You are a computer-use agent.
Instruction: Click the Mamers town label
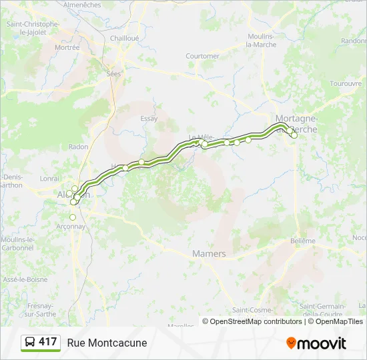click(209, 254)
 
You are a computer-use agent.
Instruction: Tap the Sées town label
click(113, 74)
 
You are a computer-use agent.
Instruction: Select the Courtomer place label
click(202, 56)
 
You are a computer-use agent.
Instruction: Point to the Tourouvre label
click(345, 84)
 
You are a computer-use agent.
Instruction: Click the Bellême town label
click(302, 241)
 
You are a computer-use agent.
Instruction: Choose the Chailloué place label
click(125, 38)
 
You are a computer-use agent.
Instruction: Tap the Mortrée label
click(67, 47)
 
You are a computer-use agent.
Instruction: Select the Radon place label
click(78, 147)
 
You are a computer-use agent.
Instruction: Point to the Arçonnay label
click(71, 226)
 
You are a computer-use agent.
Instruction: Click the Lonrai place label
click(49, 179)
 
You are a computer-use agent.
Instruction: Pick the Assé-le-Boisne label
click(19, 279)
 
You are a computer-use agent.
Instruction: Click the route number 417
click(47, 342)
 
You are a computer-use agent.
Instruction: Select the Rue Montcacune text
click(107, 343)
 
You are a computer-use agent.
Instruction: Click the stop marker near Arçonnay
click(73, 217)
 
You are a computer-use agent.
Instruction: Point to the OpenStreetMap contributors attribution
click(252, 321)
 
